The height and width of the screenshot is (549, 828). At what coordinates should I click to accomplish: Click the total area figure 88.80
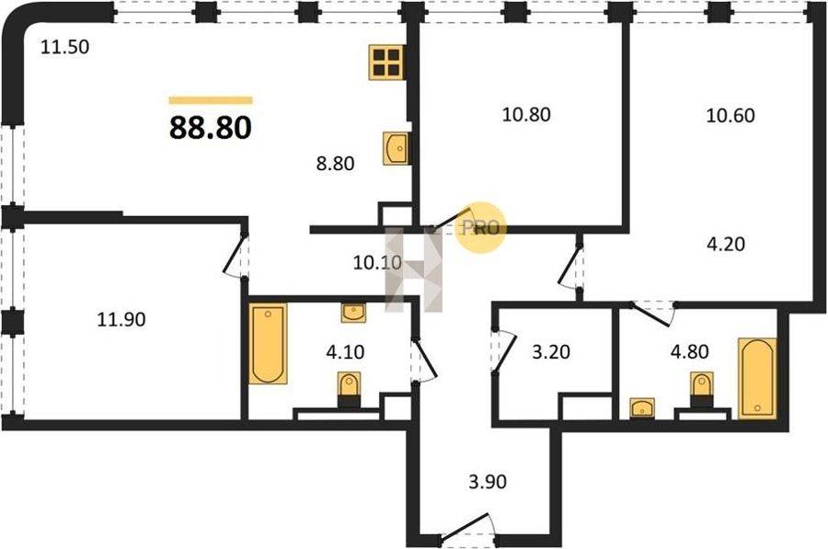tap(210, 128)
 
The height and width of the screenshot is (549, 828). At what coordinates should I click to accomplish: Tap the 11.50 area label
tap(65, 47)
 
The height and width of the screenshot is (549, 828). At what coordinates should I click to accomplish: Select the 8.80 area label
tap(335, 164)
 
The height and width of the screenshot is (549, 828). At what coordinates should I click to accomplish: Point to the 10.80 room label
tap(526, 114)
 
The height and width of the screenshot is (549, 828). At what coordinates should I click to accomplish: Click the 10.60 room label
tap(730, 115)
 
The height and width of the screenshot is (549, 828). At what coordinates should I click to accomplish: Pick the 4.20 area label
tap(726, 244)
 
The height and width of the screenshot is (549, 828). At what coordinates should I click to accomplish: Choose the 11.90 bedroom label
tap(121, 319)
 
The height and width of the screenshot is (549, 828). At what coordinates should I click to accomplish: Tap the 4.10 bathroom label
tap(345, 351)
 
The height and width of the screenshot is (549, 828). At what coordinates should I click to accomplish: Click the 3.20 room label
tap(551, 351)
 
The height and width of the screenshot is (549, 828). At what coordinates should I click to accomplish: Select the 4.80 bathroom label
tap(690, 351)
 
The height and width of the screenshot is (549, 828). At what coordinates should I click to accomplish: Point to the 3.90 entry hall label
tap(488, 482)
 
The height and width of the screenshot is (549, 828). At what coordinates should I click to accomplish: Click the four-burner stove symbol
tap(386, 63)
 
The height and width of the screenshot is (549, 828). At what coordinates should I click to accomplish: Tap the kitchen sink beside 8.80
tap(396, 149)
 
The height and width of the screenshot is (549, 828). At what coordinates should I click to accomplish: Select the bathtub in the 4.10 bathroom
tap(269, 344)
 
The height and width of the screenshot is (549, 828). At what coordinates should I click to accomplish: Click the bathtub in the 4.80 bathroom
tap(757, 379)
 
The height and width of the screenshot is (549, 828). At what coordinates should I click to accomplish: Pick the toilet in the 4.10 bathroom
tap(349, 390)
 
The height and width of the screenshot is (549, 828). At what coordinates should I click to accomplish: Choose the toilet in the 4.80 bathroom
tap(701, 390)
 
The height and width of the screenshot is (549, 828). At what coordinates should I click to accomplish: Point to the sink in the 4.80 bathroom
tap(642, 408)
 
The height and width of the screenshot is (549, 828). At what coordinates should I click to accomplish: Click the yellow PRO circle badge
tap(481, 228)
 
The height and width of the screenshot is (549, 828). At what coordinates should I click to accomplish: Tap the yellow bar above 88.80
tap(211, 100)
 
